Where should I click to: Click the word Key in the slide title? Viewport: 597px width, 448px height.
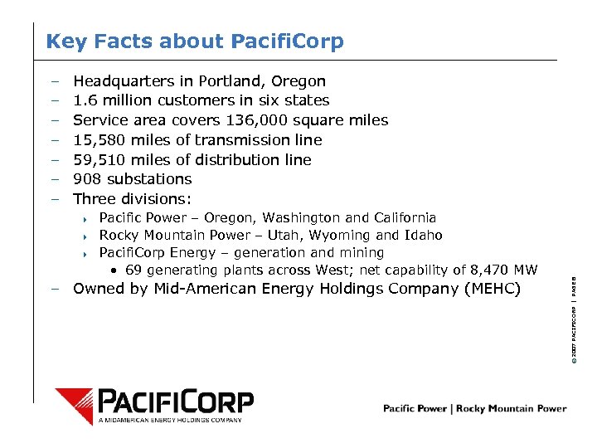pos(63,41)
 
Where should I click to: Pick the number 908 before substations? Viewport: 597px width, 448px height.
pos(87,179)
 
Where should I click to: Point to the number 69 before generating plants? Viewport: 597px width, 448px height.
pos(133,270)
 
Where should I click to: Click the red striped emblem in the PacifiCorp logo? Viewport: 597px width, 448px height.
pos(74,406)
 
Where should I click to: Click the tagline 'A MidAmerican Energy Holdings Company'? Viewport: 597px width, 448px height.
pos(170,421)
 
